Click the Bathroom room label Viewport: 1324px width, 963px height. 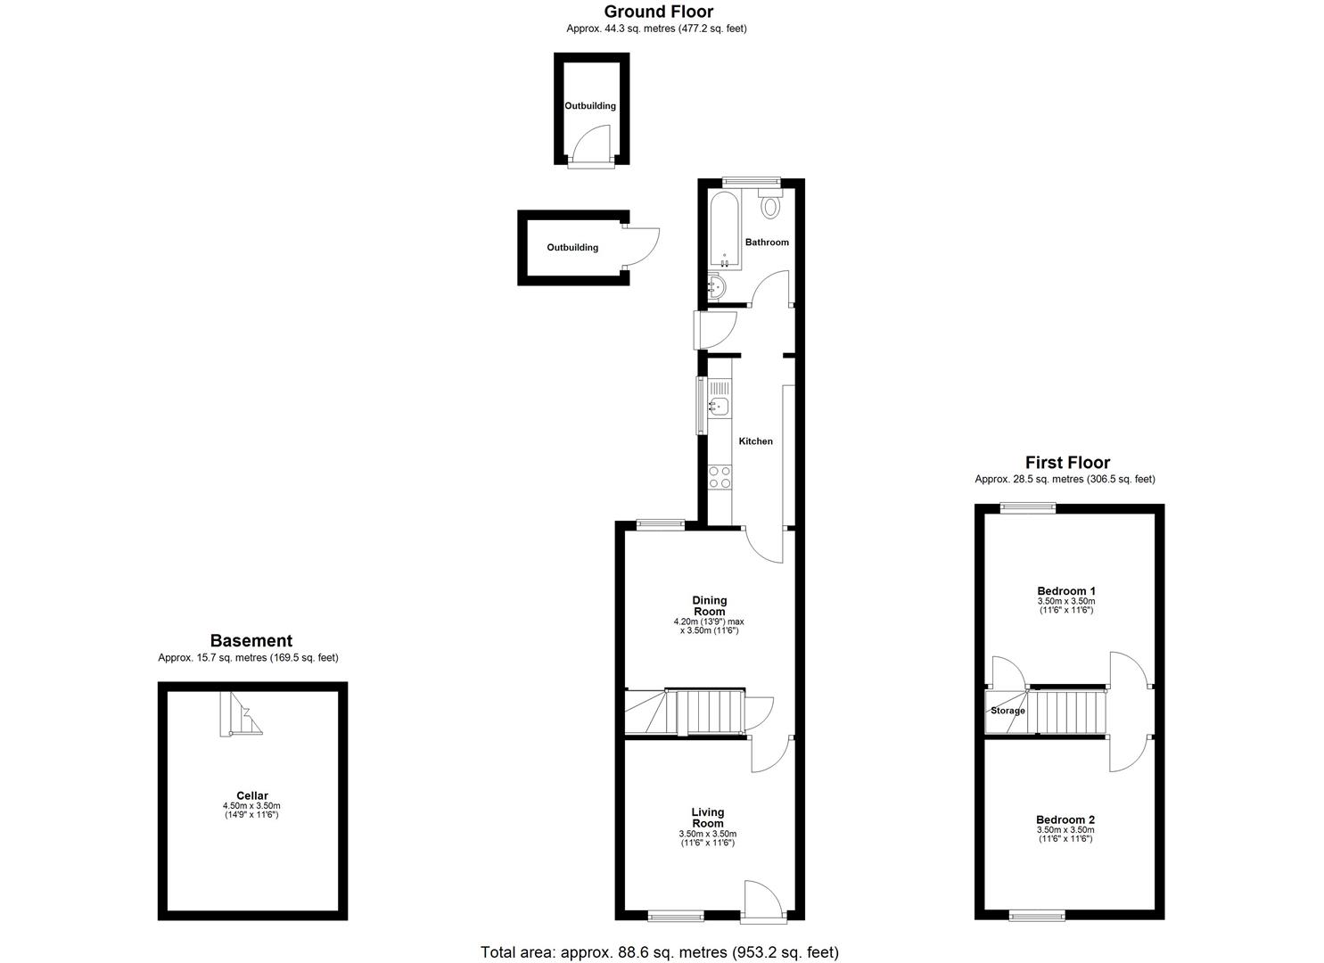(767, 243)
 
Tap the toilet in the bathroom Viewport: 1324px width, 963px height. (770, 205)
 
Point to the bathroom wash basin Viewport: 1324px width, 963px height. (716, 287)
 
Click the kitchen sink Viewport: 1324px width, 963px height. (719, 407)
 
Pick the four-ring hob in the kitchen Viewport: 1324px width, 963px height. (720, 477)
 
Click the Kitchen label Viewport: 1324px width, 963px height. (755, 441)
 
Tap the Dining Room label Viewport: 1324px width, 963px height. (710, 606)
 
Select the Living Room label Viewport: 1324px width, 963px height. (708, 818)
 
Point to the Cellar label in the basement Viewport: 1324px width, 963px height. (252, 796)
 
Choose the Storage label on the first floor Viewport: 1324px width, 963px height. (1007, 711)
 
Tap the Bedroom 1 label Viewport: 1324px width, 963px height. (1066, 591)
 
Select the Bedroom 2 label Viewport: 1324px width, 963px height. (1065, 820)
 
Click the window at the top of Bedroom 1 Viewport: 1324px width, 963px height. (1027, 507)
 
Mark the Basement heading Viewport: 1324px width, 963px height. (251, 640)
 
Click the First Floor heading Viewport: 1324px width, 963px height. (1067, 462)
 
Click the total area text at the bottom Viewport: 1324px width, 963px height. (660, 952)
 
